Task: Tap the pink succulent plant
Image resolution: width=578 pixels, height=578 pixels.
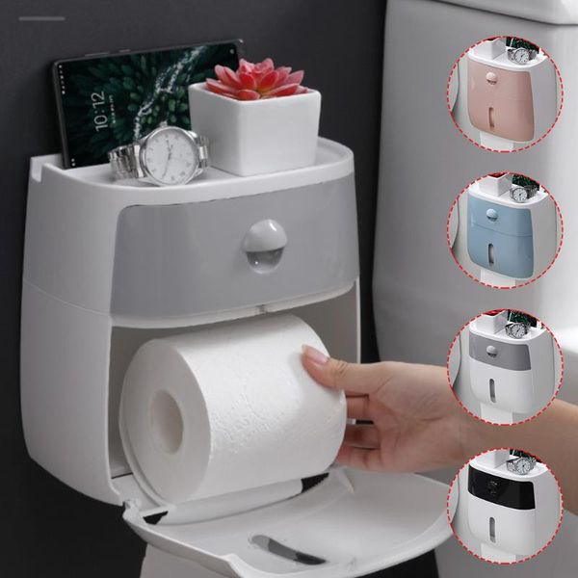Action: [x=255, y=80]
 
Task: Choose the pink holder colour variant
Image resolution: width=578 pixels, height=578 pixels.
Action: [x=504, y=93]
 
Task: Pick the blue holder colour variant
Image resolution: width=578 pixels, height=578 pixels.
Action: [x=504, y=230]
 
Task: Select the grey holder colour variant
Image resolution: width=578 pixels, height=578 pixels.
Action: [x=504, y=367]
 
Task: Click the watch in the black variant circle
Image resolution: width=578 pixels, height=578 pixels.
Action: [x=521, y=465]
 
